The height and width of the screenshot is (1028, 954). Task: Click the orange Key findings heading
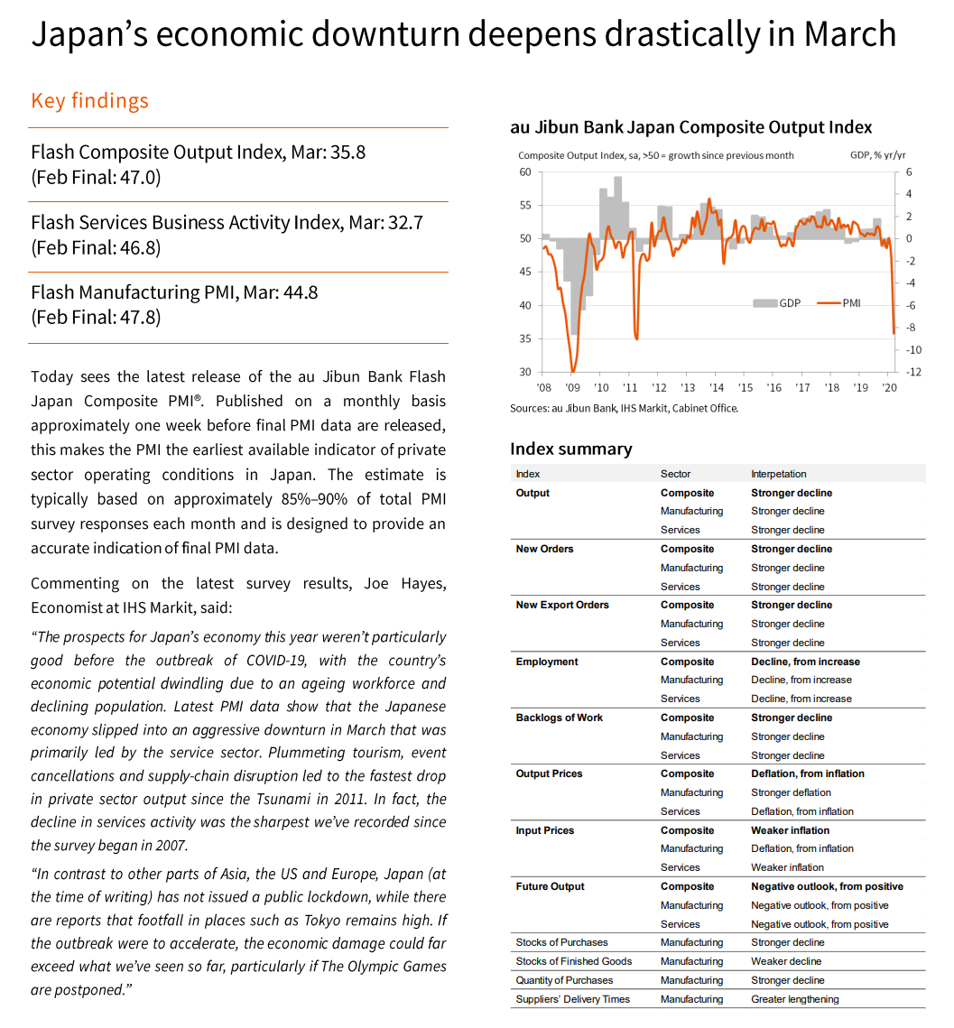[x=89, y=100]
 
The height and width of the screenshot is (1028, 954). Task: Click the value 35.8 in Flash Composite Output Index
[x=347, y=152]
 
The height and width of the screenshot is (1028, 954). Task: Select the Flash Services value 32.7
[x=404, y=222]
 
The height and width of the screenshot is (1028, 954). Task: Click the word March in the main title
[x=849, y=34]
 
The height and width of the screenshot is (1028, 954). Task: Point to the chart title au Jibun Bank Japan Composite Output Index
[x=690, y=127]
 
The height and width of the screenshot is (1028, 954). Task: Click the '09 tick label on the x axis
[x=572, y=387]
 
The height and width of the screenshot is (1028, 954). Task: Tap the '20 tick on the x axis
[x=889, y=387]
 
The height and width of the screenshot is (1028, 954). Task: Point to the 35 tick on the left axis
[x=524, y=338]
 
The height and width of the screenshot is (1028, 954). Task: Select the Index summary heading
[x=570, y=449]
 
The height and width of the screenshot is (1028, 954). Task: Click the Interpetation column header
[x=778, y=474]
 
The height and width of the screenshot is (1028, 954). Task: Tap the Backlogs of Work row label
[x=559, y=718]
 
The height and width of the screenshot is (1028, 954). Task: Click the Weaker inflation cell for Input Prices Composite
[x=790, y=830]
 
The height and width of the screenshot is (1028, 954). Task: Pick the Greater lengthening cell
[x=794, y=999]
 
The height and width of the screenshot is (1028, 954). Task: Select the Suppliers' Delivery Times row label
[x=572, y=999]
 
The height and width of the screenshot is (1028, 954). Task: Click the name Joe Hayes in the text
[x=404, y=583]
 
